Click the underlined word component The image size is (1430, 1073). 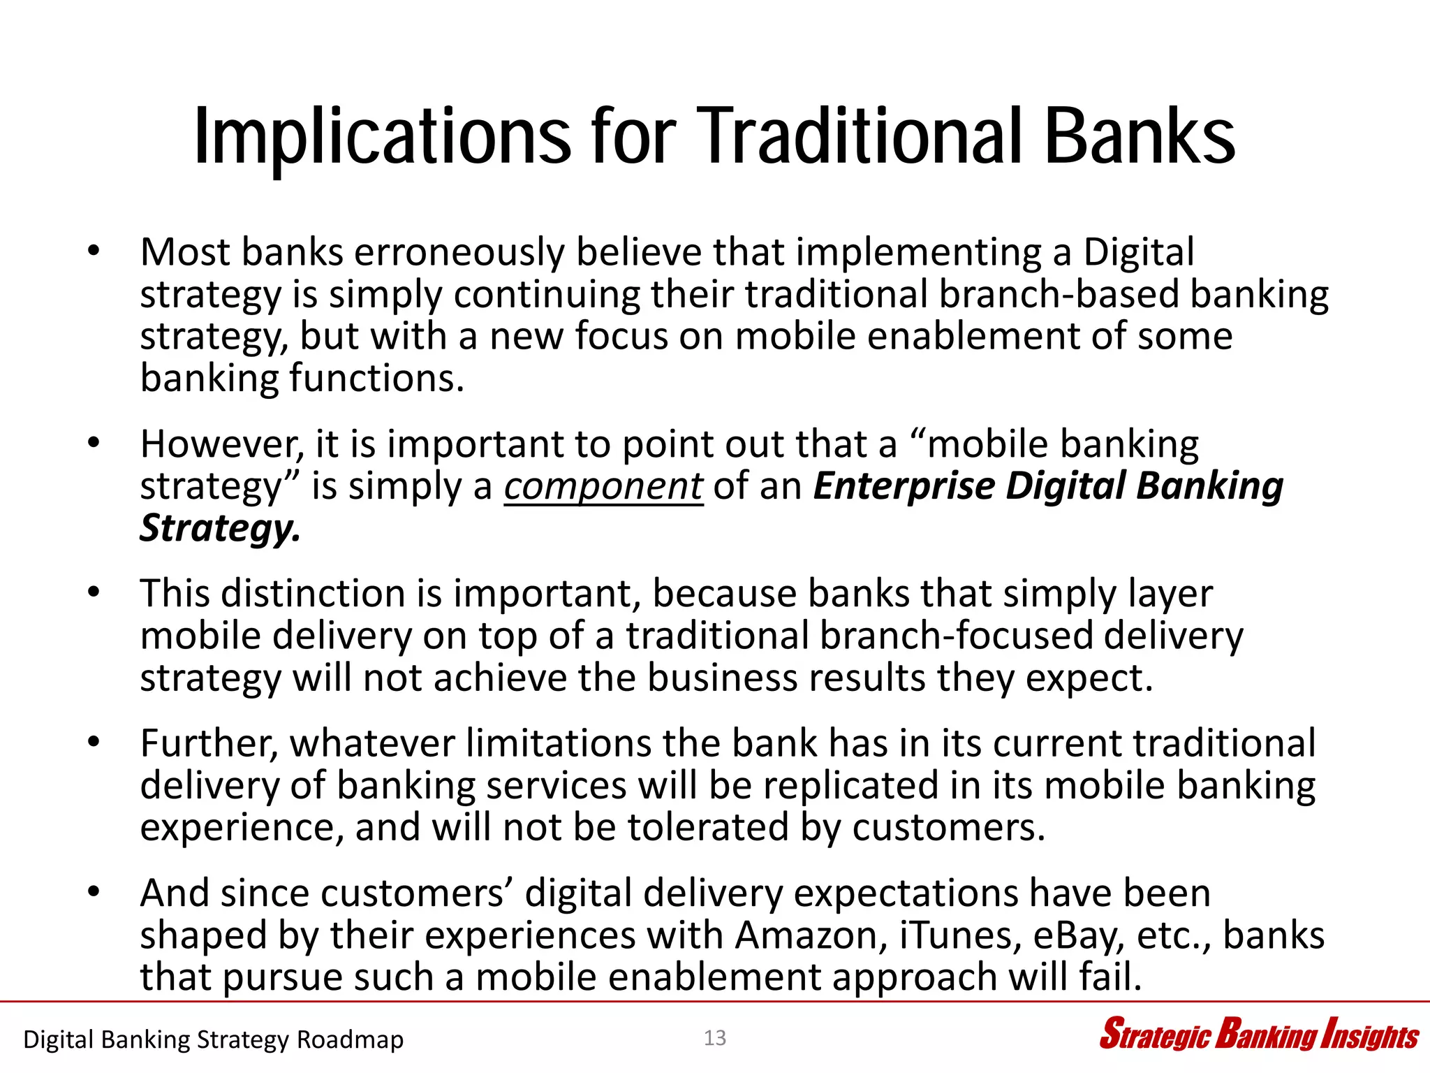point(603,486)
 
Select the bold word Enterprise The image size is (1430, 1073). point(904,486)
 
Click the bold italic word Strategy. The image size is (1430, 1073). point(220,529)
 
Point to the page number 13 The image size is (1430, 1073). point(715,1038)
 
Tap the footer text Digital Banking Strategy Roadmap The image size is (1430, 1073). point(213,1039)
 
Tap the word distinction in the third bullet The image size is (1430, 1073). point(313,594)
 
